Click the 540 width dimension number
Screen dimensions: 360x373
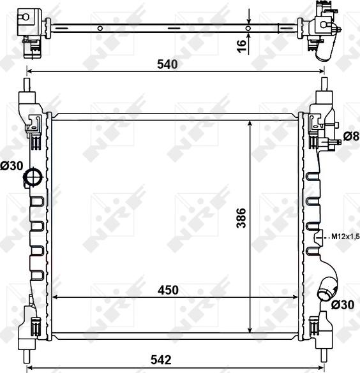[167, 64]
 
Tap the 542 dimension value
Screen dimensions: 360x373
[161, 360]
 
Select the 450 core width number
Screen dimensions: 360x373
[168, 290]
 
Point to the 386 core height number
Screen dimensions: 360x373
[241, 218]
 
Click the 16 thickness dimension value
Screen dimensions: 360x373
[241, 46]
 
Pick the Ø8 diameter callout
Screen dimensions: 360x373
[351, 136]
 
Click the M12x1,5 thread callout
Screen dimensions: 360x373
[345, 237]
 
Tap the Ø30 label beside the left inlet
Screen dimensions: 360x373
[11, 166]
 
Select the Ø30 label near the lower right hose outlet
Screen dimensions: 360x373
[343, 305]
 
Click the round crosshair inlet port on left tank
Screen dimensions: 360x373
[33, 177]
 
